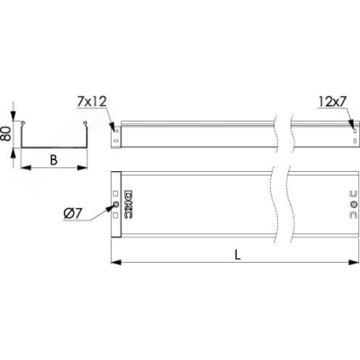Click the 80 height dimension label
click(5, 133)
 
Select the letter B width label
click(54, 160)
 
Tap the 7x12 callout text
click(92, 102)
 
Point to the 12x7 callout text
click(332, 103)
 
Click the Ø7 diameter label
click(73, 213)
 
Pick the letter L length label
click(238, 255)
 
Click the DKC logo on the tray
click(128, 204)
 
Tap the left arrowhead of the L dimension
click(116, 263)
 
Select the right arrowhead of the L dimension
click(354, 263)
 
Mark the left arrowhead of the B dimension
click(26, 167)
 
